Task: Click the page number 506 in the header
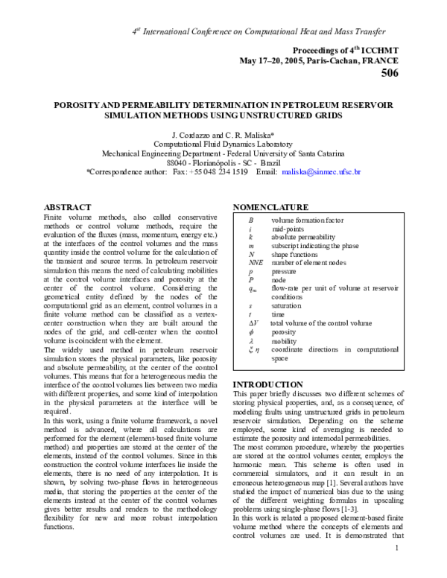pos(390,73)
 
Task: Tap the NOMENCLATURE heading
pos(270,206)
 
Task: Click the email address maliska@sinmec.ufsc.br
pos(321,172)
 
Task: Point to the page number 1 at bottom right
pos(398,570)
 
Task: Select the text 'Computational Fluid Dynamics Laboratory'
pos(223,143)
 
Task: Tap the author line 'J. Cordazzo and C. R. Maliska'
pos(223,133)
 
